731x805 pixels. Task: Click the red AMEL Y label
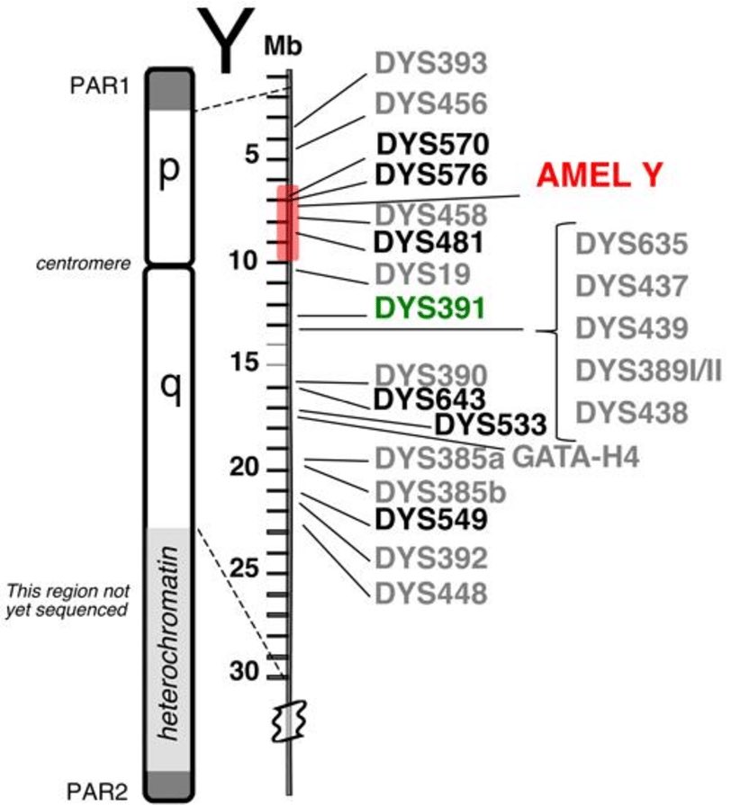click(600, 176)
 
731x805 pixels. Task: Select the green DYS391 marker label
click(431, 308)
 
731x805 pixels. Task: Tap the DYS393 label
click(431, 62)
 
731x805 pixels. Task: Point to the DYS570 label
click(432, 144)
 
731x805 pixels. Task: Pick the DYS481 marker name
click(431, 242)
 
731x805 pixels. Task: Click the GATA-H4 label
click(576, 459)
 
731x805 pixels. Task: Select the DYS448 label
click(431, 593)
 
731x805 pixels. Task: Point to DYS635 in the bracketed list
click(633, 245)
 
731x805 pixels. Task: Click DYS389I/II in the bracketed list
click(649, 370)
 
